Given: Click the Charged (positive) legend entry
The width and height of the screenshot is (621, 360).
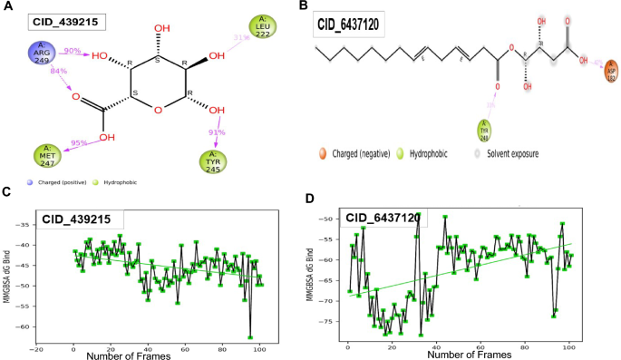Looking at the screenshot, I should coord(59,182).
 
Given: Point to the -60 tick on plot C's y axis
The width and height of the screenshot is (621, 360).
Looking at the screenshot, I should coord(24,326).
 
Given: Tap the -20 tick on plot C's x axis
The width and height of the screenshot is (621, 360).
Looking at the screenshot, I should coord(35,349).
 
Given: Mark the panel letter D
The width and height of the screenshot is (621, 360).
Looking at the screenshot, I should coord(310,199).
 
